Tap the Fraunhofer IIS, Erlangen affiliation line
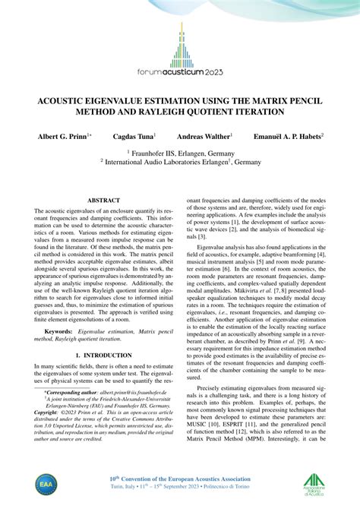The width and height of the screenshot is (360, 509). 181,152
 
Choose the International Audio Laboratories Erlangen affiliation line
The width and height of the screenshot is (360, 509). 181,162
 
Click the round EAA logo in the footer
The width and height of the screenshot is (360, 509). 46,485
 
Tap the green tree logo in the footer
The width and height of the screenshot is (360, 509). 314,484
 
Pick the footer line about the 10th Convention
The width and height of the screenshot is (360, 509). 179,479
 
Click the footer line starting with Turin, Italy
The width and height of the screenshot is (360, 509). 179,488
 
